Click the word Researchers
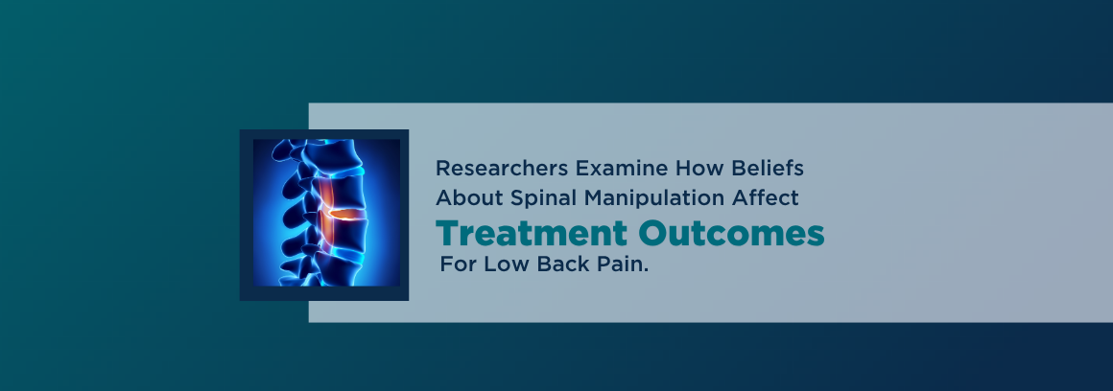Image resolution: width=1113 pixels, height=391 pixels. (502, 169)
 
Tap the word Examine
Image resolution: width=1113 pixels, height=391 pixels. (621, 169)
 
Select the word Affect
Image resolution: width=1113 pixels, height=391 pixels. (766, 197)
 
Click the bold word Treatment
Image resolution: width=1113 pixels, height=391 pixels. (532, 233)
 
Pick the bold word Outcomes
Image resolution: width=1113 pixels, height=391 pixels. (731, 233)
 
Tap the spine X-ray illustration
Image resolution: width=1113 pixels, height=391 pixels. (326, 213)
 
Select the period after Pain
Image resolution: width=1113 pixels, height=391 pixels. (646, 270)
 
